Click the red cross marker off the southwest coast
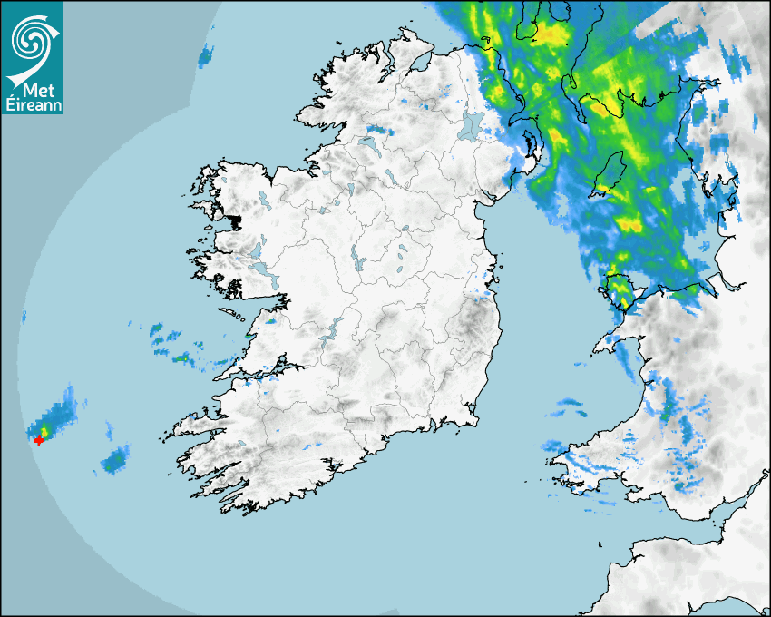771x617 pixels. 39,440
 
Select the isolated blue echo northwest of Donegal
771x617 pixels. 206,56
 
